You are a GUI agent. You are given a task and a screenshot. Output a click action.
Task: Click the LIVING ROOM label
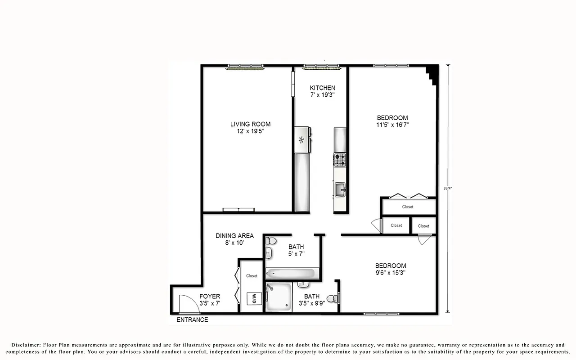click(250, 124)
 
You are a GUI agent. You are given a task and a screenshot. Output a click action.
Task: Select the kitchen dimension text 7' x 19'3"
click(322, 95)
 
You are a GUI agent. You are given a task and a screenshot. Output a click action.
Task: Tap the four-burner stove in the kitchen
click(340, 159)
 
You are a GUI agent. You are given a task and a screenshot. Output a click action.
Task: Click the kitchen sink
click(340, 189)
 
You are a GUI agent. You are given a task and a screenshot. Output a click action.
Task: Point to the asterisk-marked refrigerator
click(301, 140)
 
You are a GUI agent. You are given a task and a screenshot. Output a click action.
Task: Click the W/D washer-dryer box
click(253, 298)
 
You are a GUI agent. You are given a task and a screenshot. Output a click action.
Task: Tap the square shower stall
click(279, 297)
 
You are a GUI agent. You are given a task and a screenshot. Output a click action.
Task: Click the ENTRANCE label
click(192, 320)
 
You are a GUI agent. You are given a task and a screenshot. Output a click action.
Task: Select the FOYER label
click(210, 296)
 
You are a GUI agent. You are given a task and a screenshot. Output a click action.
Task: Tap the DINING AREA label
click(234, 236)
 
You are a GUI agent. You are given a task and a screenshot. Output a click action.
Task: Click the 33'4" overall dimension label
click(448, 188)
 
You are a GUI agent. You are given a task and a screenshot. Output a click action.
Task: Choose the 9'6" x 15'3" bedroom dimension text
click(391, 273)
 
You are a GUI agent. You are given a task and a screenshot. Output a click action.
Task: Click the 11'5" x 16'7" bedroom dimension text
click(392, 125)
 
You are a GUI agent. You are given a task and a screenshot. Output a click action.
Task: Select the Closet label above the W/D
click(252, 276)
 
